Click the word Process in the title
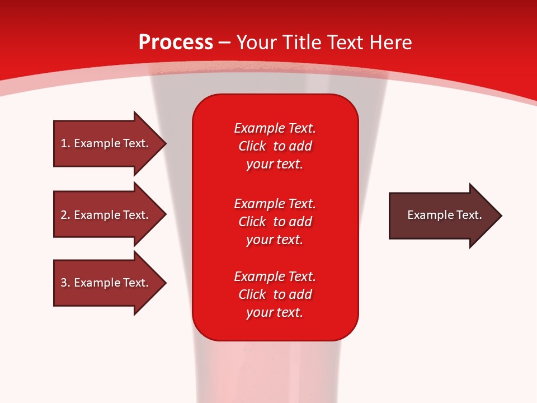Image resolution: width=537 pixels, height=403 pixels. coord(176,43)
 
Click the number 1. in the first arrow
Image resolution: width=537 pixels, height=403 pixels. coord(65,143)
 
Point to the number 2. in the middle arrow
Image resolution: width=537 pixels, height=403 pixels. coord(65,215)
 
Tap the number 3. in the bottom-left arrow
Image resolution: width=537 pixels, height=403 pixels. coord(65,283)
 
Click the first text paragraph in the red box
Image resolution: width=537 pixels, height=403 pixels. coord(275,146)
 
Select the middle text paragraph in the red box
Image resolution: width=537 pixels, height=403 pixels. coord(275,221)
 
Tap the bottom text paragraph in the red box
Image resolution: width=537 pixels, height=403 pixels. coord(275,294)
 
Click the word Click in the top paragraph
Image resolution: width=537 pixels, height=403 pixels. coord(252,146)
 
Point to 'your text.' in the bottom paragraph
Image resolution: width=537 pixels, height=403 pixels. coord(275,312)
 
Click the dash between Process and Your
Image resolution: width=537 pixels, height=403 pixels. coord(225,43)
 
